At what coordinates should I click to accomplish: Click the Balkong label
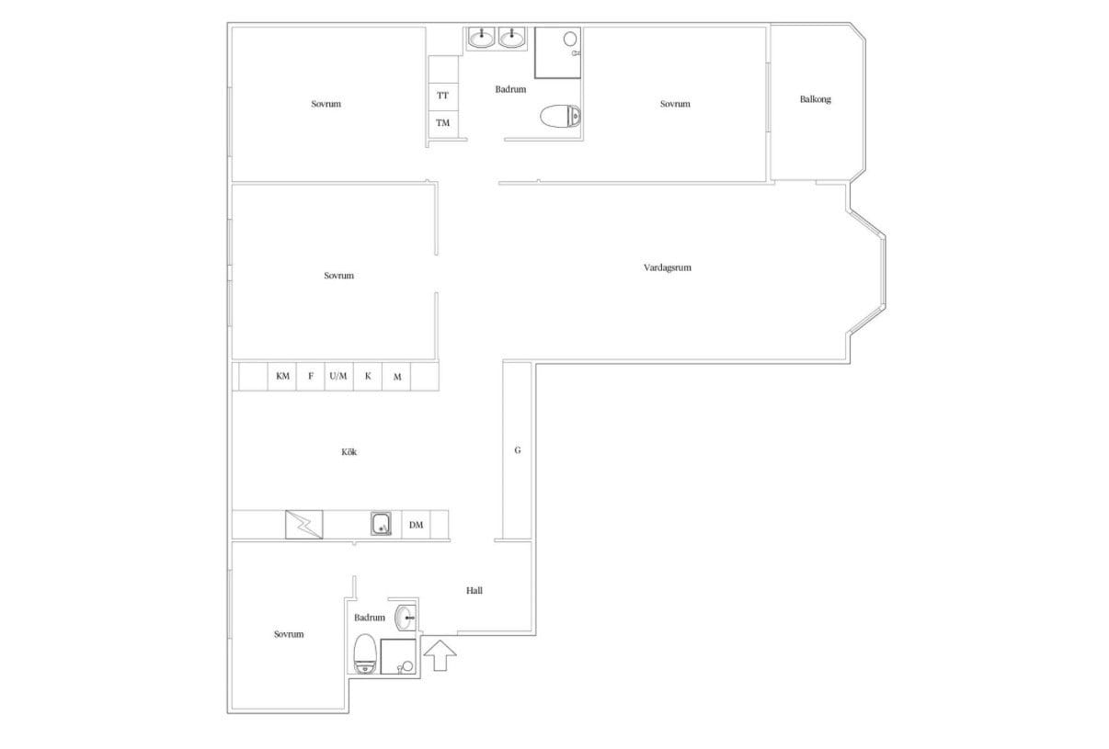click(x=816, y=99)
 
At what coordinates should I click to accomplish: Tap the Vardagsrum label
click(x=668, y=267)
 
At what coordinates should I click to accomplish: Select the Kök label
click(x=349, y=451)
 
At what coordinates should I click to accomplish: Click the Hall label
click(x=474, y=590)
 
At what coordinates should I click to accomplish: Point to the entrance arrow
click(x=440, y=655)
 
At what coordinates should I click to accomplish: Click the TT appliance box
click(x=443, y=96)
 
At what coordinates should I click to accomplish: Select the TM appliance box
click(x=443, y=124)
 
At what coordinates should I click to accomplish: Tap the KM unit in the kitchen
click(x=282, y=377)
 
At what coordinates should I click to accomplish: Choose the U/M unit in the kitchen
click(x=338, y=377)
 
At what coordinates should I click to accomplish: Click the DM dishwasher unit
click(x=416, y=525)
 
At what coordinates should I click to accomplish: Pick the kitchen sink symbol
click(x=382, y=524)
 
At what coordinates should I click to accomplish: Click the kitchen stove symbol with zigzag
click(x=304, y=525)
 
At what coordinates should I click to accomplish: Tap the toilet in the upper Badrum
click(x=560, y=117)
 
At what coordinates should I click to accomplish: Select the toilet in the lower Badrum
click(x=364, y=654)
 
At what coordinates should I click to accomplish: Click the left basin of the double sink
click(x=481, y=38)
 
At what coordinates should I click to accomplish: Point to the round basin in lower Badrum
click(x=406, y=618)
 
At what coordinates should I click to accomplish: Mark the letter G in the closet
click(x=518, y=450)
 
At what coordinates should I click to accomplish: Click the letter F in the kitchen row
click(x=311, y=377)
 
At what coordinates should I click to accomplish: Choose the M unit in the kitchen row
click(x=396, y=377)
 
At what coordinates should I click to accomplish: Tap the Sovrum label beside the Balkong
click(x=675, y=104)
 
